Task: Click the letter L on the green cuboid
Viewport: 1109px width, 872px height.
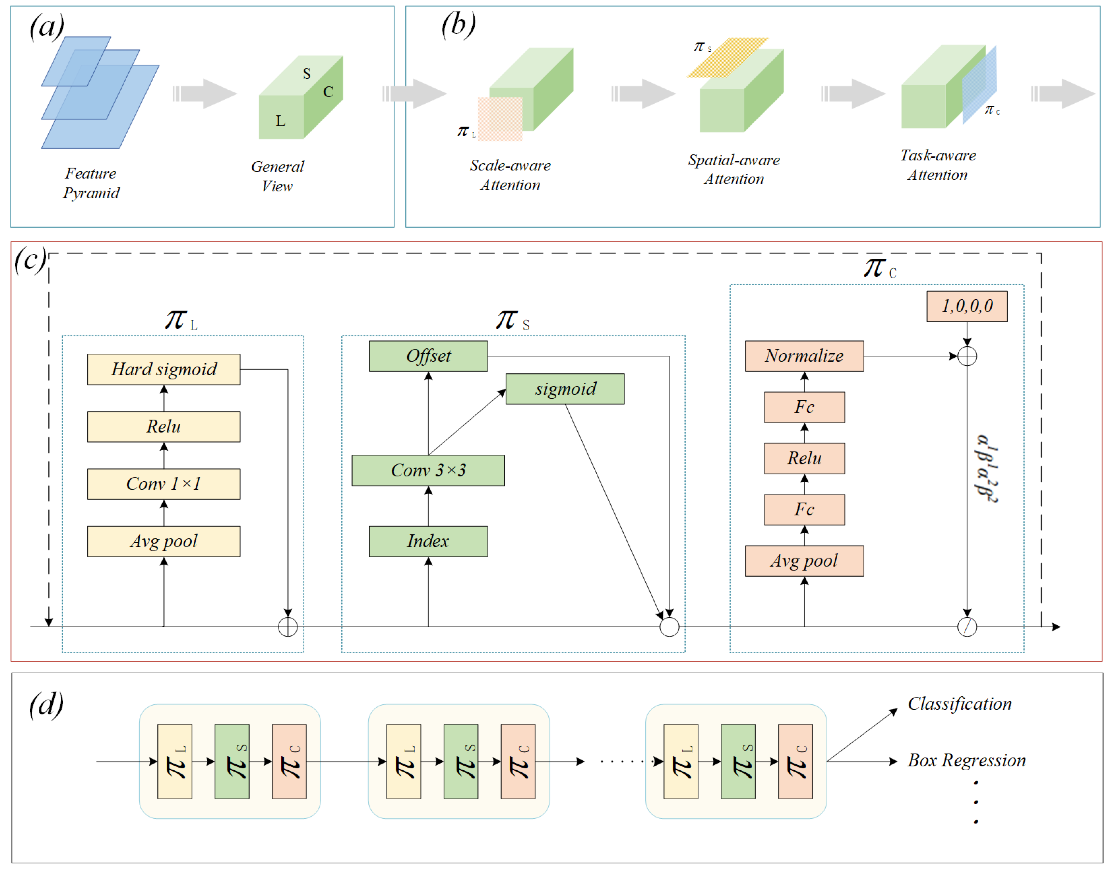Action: pos(280,121)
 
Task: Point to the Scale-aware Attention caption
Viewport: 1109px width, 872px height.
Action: pos(510,175)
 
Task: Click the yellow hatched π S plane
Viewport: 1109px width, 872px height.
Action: pos(728,56)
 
